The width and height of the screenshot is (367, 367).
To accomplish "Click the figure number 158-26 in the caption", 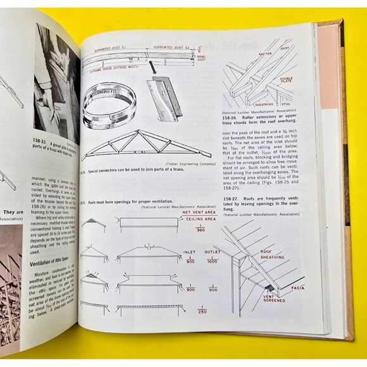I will pos(234,116).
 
